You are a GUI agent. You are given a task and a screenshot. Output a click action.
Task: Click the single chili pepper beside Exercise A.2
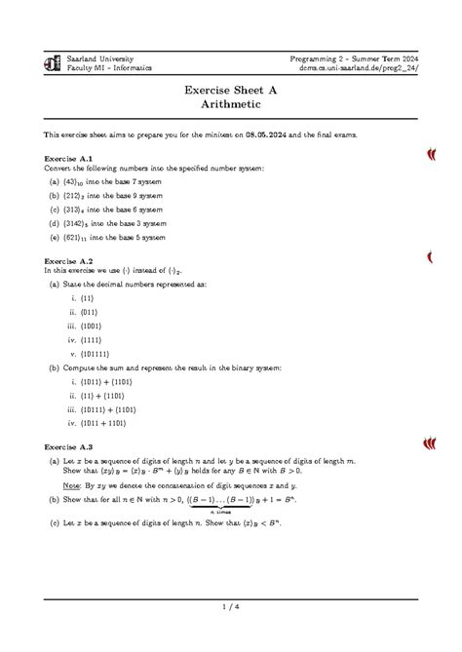tap(429, 258)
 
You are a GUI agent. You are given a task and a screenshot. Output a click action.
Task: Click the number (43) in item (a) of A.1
tap(73, 181)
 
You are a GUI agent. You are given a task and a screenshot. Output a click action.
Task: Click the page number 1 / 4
tap(231, 610)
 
